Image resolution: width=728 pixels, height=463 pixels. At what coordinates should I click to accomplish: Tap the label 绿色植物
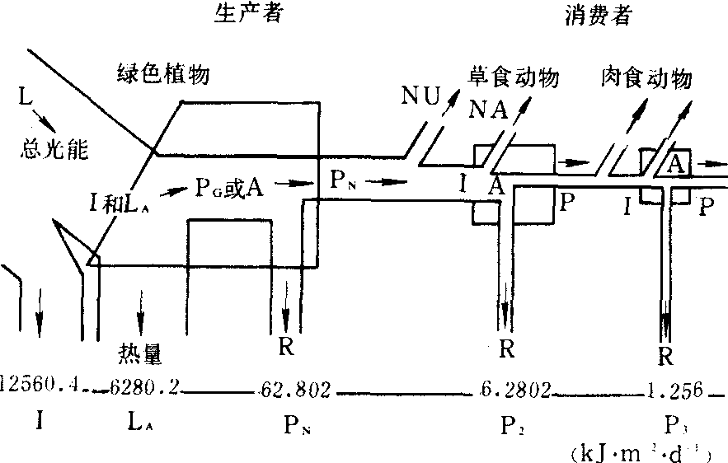[x=163, y=76]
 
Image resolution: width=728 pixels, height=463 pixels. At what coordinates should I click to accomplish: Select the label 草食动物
[x=515, y=78]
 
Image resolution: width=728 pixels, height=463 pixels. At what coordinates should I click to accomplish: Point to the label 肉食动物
[x=645, y=78]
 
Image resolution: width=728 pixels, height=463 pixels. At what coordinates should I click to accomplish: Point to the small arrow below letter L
[x=46, y=124]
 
